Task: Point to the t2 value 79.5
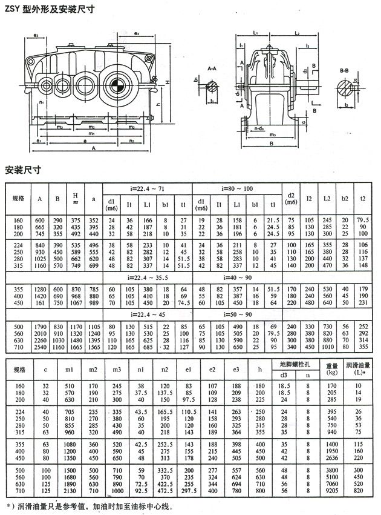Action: (363, 219)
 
